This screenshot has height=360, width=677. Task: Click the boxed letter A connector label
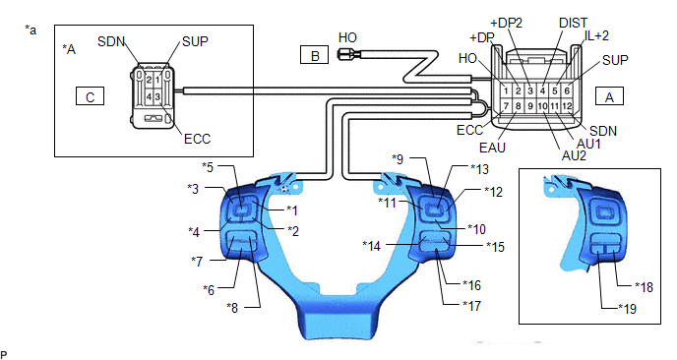(x=609, y=95)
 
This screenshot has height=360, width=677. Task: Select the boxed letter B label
(x=314, y=55)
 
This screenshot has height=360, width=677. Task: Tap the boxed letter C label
(x=90, y=95)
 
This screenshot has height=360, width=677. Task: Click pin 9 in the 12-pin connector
(x=530, y=106)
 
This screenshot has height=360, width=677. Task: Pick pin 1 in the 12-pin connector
(x=506, y=90)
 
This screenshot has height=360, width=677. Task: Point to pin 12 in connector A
(x=567, y=106)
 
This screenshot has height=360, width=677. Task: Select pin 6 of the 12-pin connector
(x=567, y=90)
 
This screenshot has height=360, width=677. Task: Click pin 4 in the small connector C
(x=149, y=96)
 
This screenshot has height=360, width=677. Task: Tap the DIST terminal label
(x=573, y=23)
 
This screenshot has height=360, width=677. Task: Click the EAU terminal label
(x=492, y=148)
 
